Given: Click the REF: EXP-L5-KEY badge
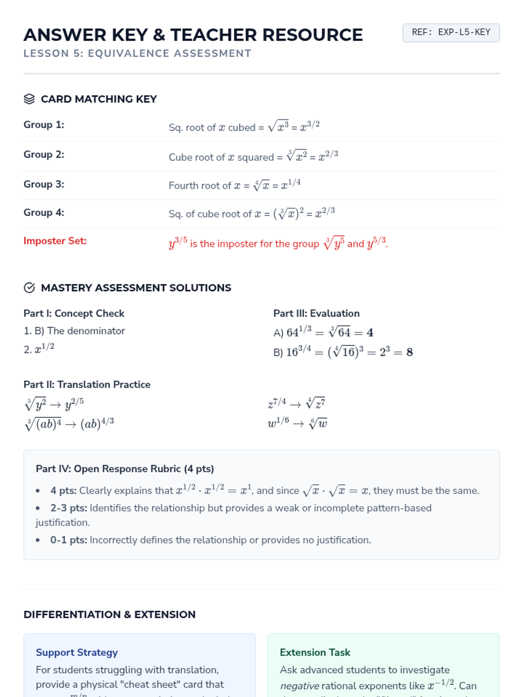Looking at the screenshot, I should pos(451,33).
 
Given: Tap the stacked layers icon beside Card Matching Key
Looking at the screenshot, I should pos(29,99).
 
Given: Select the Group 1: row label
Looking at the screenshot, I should pos(44,125).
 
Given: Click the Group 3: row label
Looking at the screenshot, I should pos(44,184).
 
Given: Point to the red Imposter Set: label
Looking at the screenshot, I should pos(55,241).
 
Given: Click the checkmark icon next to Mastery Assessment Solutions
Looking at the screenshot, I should pos(29,288).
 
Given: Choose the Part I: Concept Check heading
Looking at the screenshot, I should pos(74,314).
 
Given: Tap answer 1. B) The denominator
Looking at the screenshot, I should pos(74,331).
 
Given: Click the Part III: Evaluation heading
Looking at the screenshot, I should pos(316,314).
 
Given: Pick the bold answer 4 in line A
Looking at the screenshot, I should pos(370,333).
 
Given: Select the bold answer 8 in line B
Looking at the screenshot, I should pos(409,352).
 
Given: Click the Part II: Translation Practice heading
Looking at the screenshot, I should pos(87,385).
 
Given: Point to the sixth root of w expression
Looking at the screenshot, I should pos(318,423).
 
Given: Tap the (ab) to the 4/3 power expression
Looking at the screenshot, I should pos(97,423).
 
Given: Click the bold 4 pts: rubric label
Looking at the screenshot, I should pos(63,491).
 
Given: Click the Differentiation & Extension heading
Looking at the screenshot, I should pos(109,615).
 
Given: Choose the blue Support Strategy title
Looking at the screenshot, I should pos(77,653).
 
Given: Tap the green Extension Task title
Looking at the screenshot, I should pos(315,653).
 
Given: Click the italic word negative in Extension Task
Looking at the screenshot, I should pos(299,686).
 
